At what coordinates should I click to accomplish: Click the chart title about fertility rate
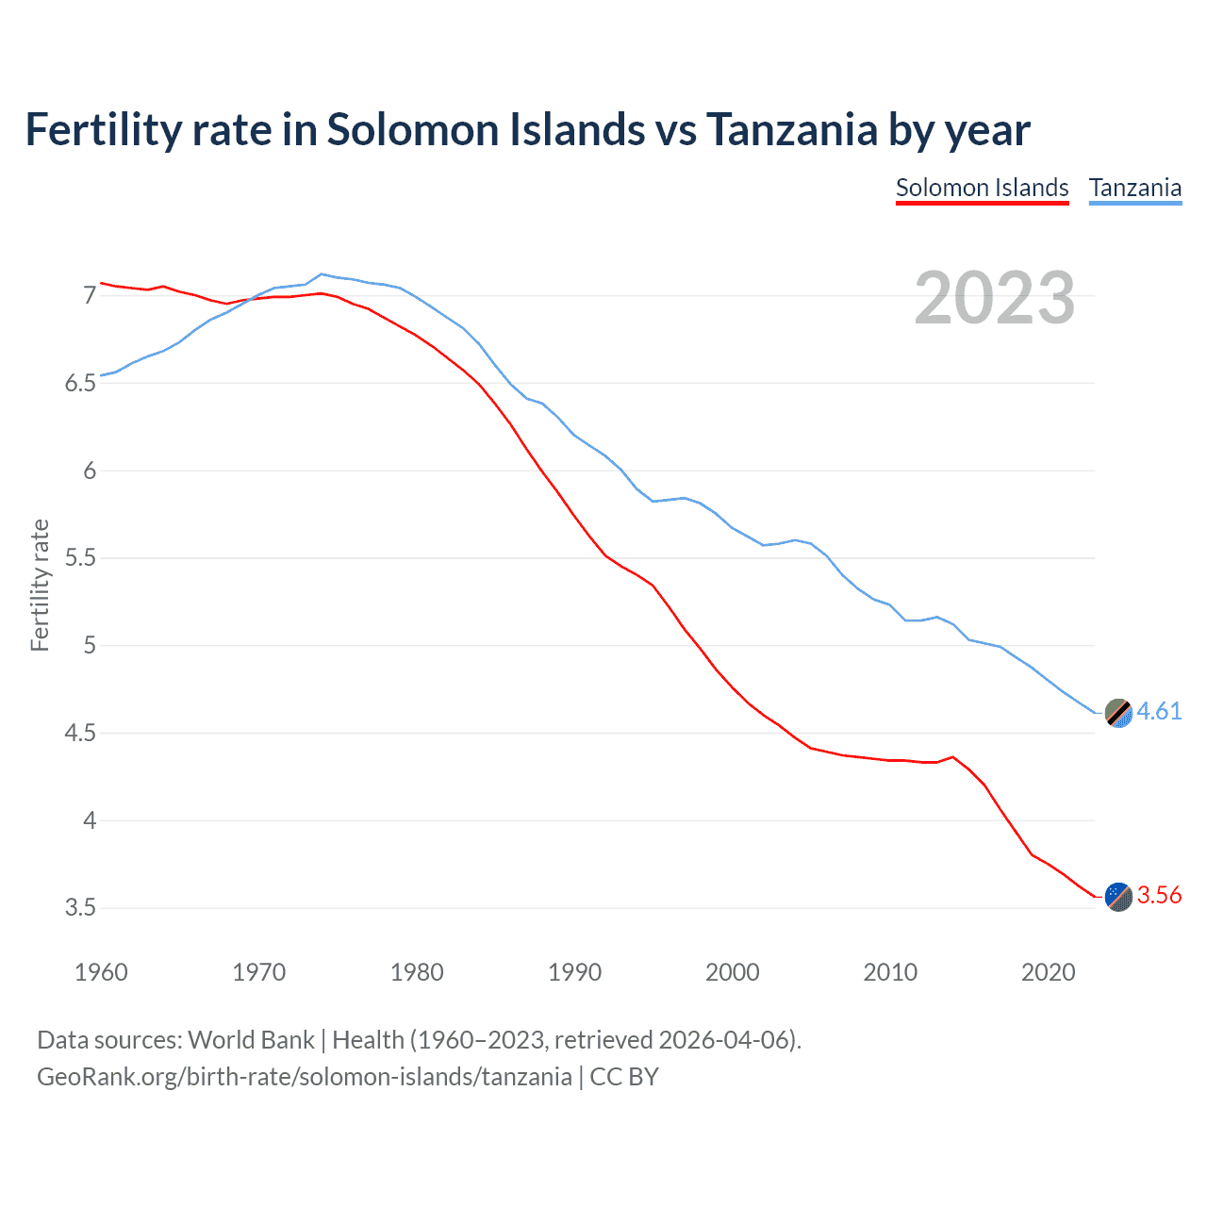[x=527, y=130]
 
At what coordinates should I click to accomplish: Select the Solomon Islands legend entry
[x=982, y=188]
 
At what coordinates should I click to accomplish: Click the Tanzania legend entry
[x=1134, y=188]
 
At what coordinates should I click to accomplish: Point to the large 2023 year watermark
[x=994, y=298]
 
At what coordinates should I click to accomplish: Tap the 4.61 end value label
[x=1159, y=711]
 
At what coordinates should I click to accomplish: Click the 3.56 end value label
[x=1159, y=895]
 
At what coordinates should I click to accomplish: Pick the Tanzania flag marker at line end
[x=1118, y=713]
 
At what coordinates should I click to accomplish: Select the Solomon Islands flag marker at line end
[x=1118, y=897]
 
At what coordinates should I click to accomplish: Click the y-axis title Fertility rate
[x=40, y=585]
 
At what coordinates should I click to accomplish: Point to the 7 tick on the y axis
[x=90, y=296]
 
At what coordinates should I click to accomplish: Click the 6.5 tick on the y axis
[x=81, y=383]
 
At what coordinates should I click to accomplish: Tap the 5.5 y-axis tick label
[x=81, y=558]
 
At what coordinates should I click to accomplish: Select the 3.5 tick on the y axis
[x=81, y=908]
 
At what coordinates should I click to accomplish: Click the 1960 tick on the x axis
[x=101, y=972]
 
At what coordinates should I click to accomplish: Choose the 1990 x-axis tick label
[x=574, y=972]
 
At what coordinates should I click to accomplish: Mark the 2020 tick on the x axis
[x=1048, y=972]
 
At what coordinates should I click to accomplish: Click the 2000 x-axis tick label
[x=732, y=972]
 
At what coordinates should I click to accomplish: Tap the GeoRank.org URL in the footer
[x=304, y=1077]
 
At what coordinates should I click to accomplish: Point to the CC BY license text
[x=624, y=1077]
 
